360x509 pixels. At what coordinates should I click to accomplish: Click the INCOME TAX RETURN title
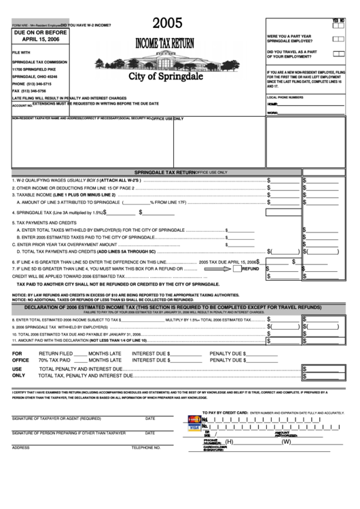(x=165, y=43)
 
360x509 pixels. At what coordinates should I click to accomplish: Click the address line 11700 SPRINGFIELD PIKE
(x=39, y=69)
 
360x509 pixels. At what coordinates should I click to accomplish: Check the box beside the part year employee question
(x=338, y=38)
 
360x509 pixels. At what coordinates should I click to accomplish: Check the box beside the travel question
(x=338, y=53)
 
